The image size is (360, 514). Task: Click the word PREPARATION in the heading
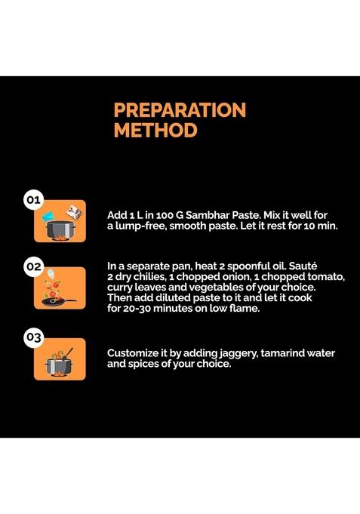pos(180,109)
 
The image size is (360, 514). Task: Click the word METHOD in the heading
pos(155,130)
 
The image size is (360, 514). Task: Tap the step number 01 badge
pos(33,199)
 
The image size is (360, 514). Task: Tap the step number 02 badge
pos(33,266)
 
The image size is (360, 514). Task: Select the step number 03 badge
pos(33,337)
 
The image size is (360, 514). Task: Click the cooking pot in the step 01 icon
pos(60,229)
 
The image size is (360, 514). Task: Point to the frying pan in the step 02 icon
pos(58,302)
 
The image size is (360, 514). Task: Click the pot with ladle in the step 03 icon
pos(60,364)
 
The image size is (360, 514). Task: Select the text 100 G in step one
pos(170,215)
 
